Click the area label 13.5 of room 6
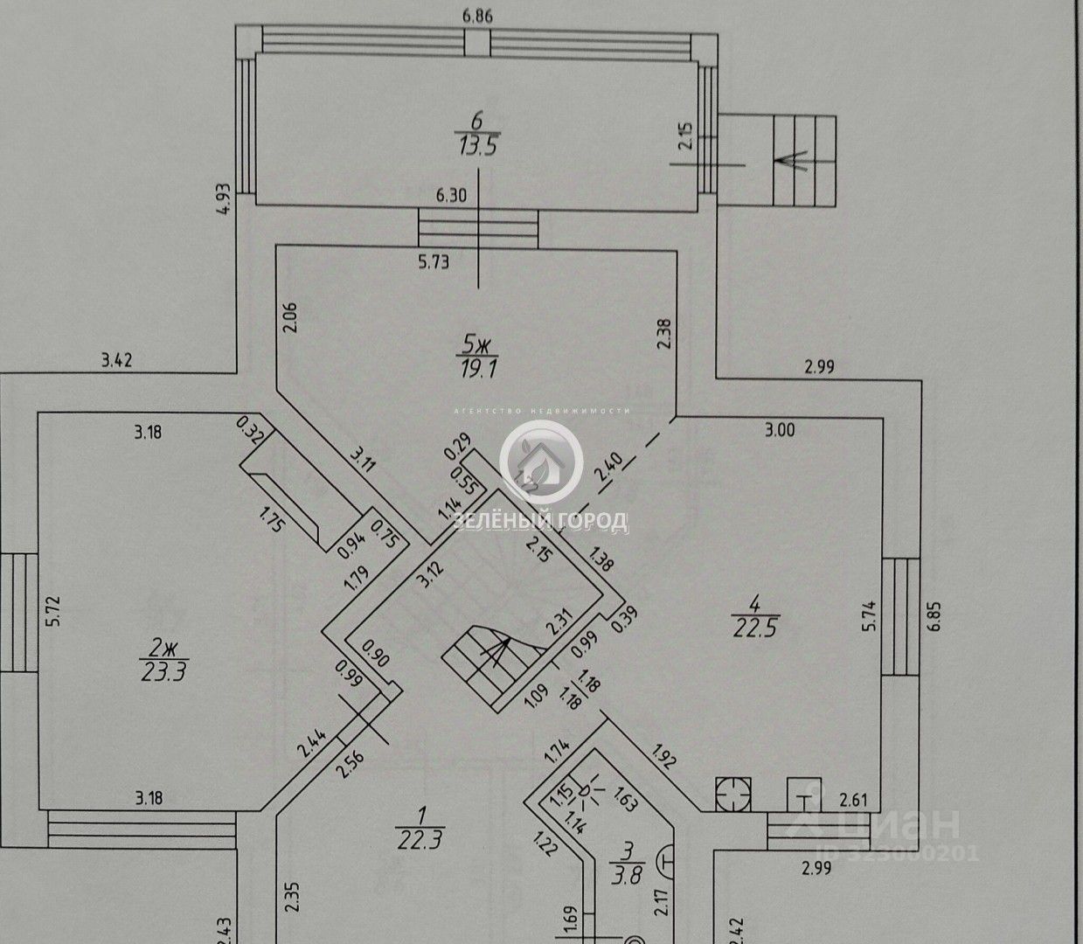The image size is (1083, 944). pyautogui.click(x=476, y=145)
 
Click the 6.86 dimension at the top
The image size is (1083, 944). pyautogui.click(x=476, y=14)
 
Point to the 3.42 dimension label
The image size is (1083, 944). pyautogui.click(x=116, y=359)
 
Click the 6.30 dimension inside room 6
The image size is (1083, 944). pyautogui.click(x=458, y=197)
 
